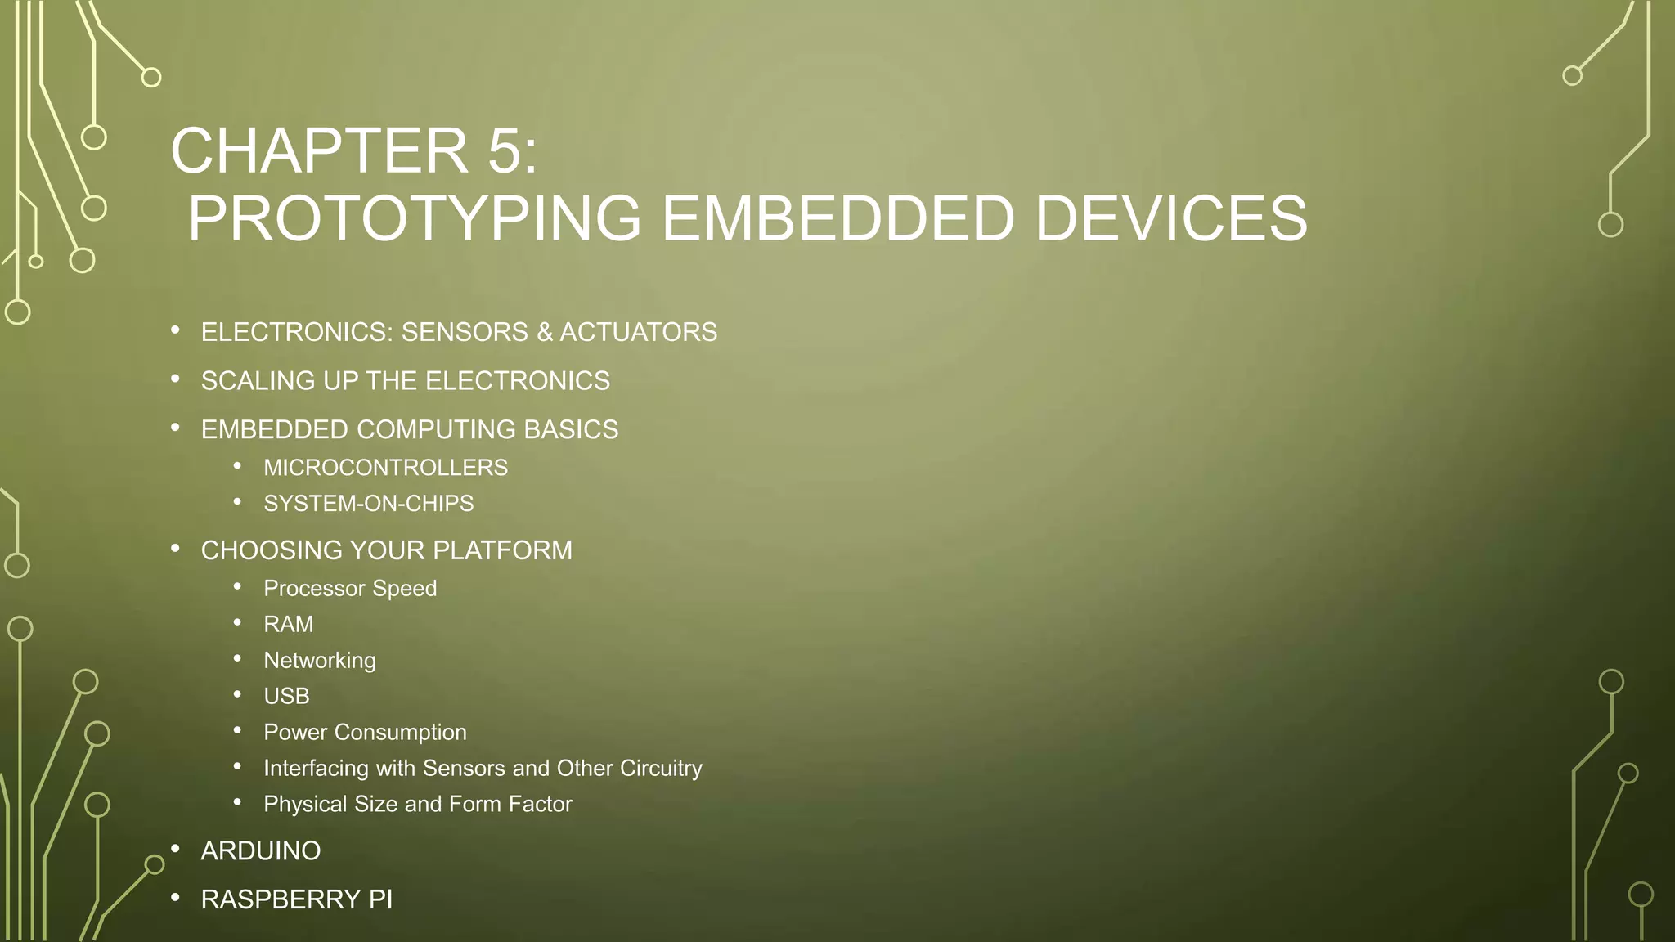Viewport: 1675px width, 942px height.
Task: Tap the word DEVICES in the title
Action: (x=1170, y=219)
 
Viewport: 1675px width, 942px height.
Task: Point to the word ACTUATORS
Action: (x=638, y=332)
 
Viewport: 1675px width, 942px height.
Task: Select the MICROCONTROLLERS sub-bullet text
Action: (x=385, y=468)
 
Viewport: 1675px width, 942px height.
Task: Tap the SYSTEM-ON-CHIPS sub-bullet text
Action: (x=368, y=504)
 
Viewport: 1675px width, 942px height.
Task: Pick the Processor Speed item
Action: (x=350, y=589)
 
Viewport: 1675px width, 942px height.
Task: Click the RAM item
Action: (x=288, y=625)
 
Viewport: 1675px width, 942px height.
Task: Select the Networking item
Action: (x=320, y=661)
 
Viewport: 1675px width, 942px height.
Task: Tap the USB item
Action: (x=286, y=697)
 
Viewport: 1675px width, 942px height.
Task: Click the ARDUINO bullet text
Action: (x=261, y=851)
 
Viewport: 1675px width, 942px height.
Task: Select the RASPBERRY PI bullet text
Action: (x=297, y=899)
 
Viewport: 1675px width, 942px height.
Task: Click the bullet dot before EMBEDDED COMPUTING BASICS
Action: (x=175, y=428)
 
